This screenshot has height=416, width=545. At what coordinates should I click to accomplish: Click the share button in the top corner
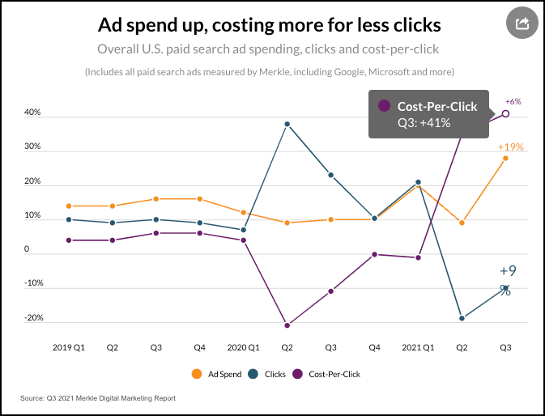click(x=522, y=23)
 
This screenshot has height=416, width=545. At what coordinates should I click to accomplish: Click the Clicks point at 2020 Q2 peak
click(x=287, y=124)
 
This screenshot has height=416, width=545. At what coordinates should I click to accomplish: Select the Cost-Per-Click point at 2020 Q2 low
click(x=287, y=325)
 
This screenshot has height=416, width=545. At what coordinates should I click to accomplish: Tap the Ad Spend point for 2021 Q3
click(x=506, y=158)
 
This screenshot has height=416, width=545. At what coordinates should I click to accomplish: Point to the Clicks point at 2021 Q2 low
click(x=462, y=318)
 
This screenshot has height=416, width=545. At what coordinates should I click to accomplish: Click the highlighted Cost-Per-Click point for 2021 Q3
click(x=506, y=113)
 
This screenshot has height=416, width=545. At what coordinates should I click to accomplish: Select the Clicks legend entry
click(x=268, y=374)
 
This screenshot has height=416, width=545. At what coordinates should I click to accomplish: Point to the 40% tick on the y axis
click(x=32, y=114)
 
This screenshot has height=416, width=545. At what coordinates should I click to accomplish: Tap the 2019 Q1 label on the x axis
click(x=69, y=347)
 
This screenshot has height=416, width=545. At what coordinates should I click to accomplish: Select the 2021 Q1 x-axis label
click(x=419, y=347)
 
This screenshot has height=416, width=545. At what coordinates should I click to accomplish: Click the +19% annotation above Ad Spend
click(x=510, y=147)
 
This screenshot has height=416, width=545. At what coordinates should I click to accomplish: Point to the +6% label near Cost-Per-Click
click(x=513, y=102)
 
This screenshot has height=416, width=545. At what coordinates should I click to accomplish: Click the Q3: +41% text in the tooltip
click(x=424, y=123)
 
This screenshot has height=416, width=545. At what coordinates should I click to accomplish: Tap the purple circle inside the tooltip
click(x=384, y=106)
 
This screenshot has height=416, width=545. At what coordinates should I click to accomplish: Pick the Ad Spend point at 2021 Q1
click(x=418, y=186)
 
